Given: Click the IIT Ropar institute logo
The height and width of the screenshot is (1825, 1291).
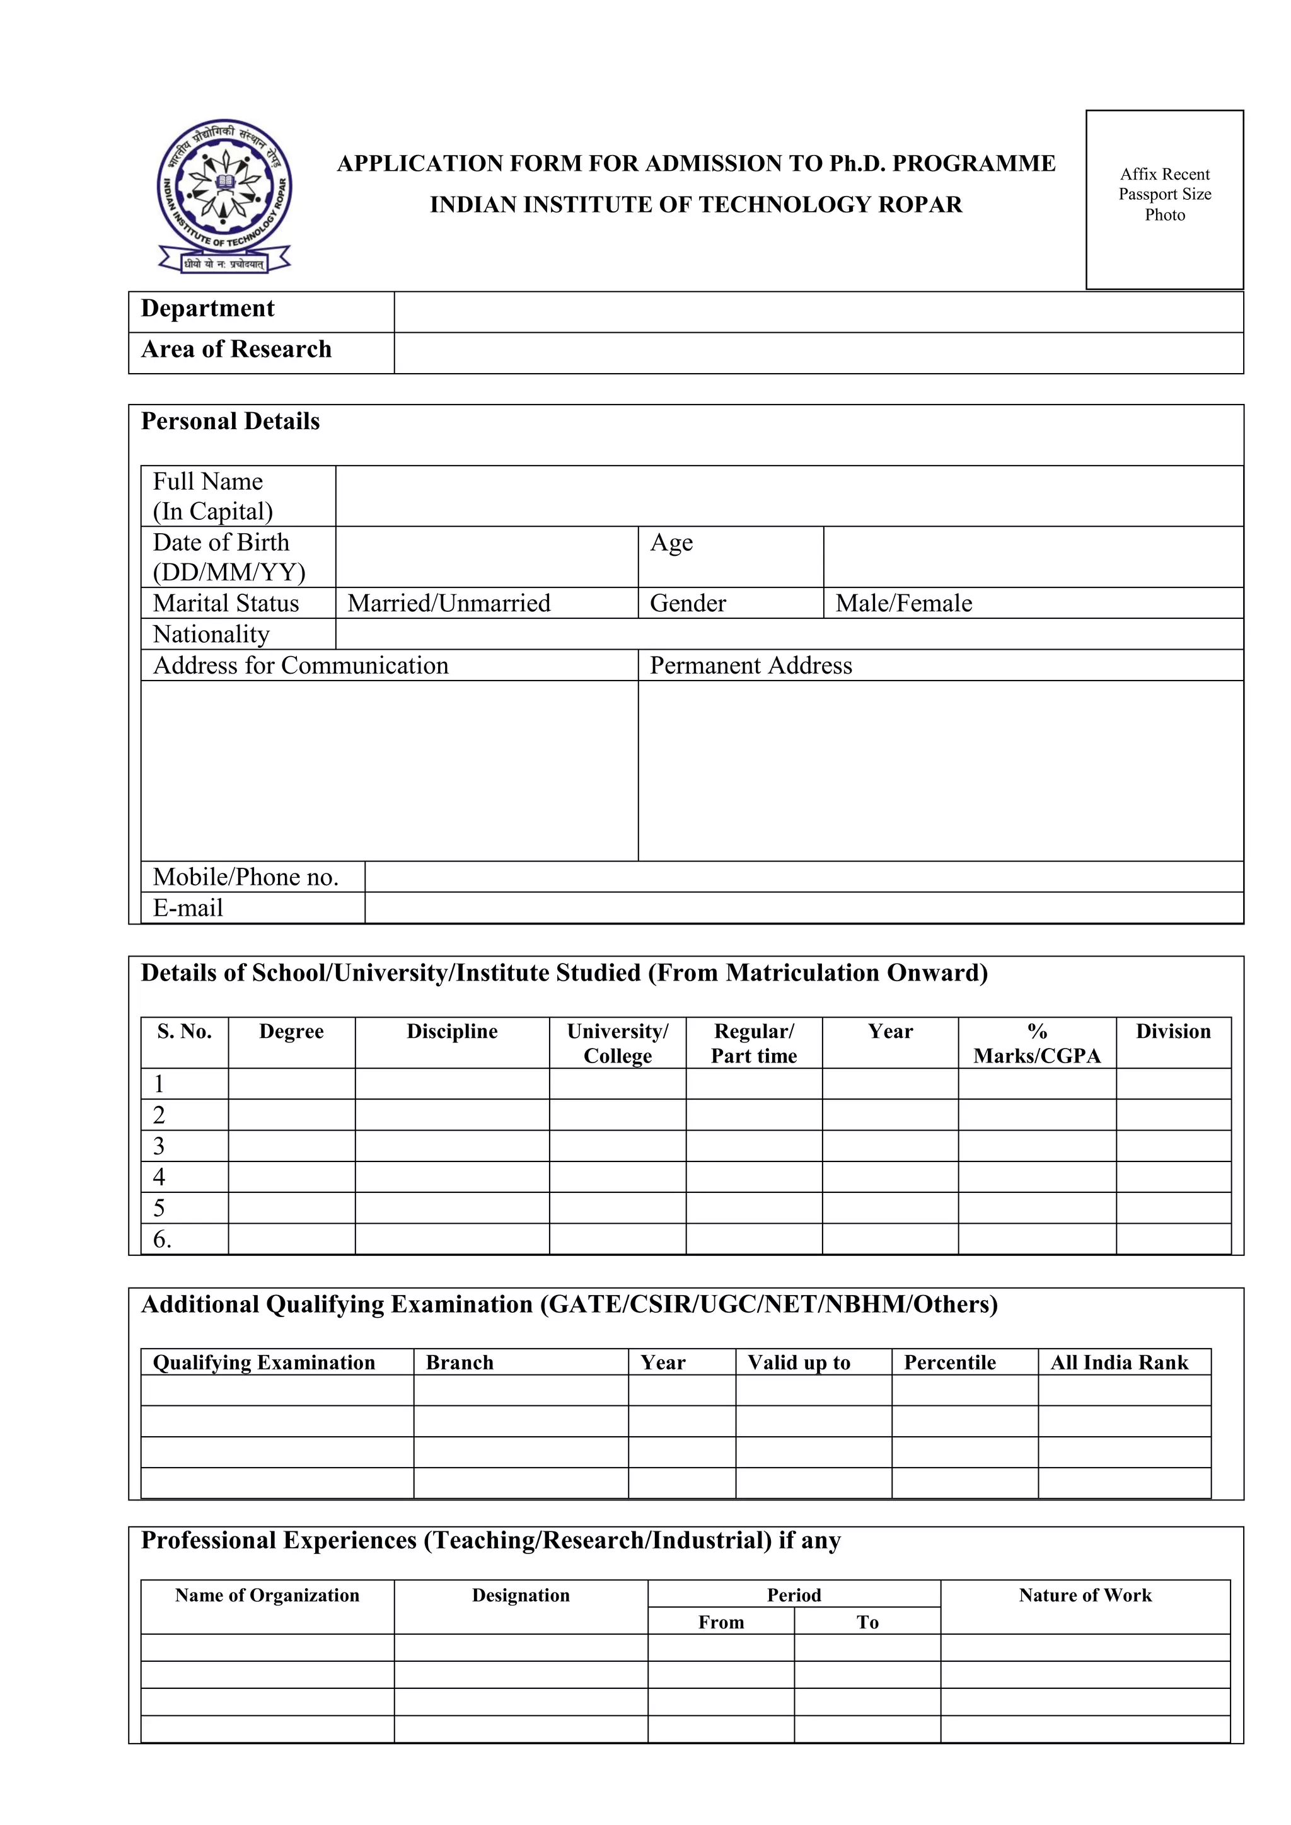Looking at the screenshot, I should click(x=224, y=195).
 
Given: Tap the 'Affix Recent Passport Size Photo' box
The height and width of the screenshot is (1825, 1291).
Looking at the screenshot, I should click(x=1164, y=199).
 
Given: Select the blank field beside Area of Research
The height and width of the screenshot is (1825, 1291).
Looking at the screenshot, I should click(x=818, y=353).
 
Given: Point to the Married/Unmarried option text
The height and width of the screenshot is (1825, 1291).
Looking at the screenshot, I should click(x=449, y=603).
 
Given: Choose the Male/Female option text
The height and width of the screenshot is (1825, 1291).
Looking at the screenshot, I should click(x=904, y=603).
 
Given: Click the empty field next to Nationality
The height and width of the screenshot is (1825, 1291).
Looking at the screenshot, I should click(x=789, y=635).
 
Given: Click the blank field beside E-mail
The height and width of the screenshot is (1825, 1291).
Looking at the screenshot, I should click(x=803, y=907).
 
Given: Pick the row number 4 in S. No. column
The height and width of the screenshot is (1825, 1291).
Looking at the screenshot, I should click(x=159, y=1177).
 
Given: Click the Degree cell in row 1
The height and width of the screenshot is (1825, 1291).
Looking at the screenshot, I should click(x=291, y=1084).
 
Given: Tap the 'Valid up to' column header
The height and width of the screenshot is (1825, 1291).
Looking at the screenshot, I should click(x=798, y=1362).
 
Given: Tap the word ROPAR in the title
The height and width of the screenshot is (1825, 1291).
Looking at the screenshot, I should click(x=920, y=205).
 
